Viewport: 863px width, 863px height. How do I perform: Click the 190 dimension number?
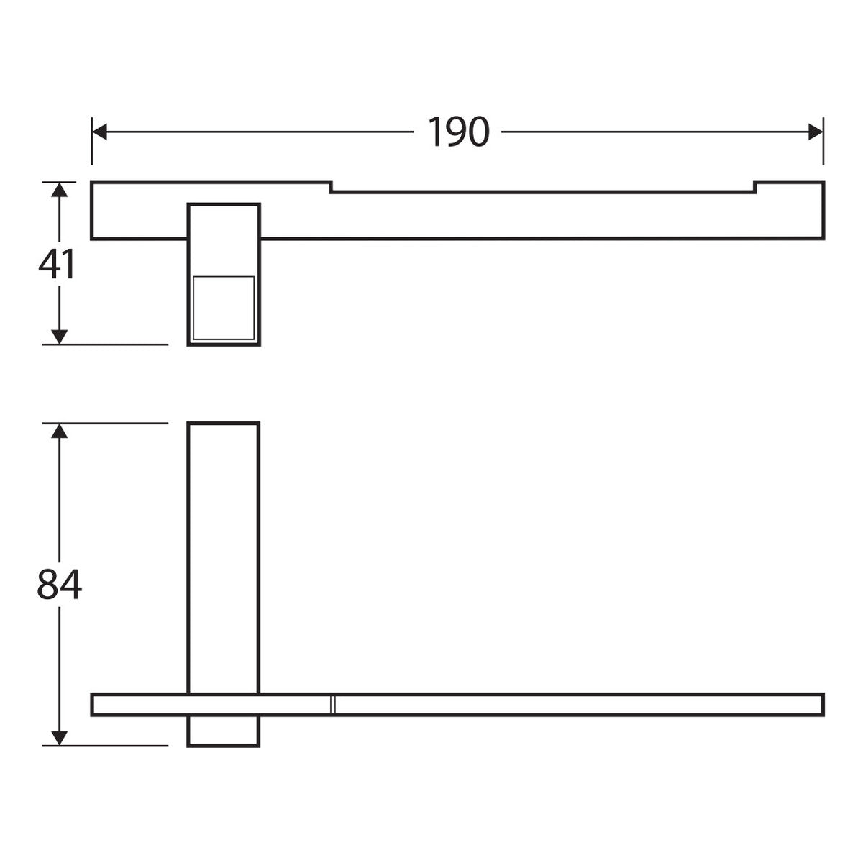458,132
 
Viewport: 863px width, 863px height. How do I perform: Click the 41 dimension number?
56,264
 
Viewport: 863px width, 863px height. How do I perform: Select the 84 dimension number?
60,584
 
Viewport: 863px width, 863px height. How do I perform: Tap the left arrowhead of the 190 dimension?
99,132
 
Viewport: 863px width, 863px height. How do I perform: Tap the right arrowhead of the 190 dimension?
816,132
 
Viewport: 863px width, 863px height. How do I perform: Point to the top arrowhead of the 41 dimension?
60,190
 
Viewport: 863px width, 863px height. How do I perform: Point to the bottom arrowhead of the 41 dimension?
60,337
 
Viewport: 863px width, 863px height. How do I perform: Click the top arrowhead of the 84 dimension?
60,431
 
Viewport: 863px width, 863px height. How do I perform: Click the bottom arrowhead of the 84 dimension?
60,738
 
